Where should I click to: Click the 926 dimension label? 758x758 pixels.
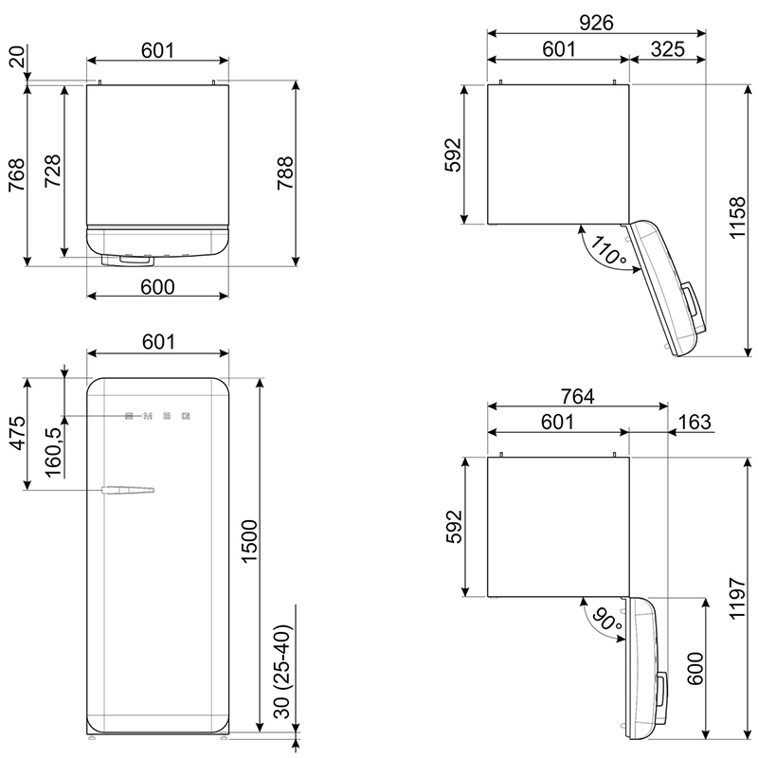596,22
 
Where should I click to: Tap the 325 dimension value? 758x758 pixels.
668,49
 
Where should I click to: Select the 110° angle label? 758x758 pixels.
607,250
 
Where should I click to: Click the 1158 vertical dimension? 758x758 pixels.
738,217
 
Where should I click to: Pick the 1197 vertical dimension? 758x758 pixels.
738,598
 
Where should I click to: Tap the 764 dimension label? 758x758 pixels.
578,396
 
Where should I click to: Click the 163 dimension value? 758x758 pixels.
695,422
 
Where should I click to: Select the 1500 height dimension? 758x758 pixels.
249,541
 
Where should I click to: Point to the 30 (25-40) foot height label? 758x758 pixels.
283,672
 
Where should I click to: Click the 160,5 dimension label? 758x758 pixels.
54,452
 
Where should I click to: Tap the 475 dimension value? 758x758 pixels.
18,433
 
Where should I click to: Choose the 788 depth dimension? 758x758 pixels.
285,172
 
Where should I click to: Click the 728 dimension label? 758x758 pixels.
53,171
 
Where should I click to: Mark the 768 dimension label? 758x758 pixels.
16,174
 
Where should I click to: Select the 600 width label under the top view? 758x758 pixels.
157,287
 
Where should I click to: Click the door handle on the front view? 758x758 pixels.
128,490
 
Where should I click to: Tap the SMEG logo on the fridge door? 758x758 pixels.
157,416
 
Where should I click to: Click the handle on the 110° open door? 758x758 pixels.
691,300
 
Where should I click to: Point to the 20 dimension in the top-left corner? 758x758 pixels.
17,56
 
